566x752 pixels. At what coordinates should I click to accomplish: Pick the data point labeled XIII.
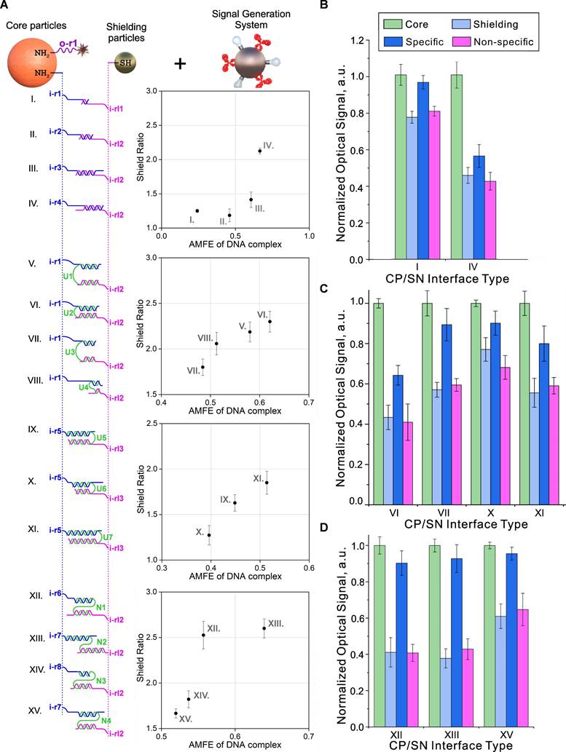(264, 628)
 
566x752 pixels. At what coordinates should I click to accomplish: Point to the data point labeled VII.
(203, 367)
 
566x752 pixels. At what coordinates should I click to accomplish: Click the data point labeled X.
(209, 535)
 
